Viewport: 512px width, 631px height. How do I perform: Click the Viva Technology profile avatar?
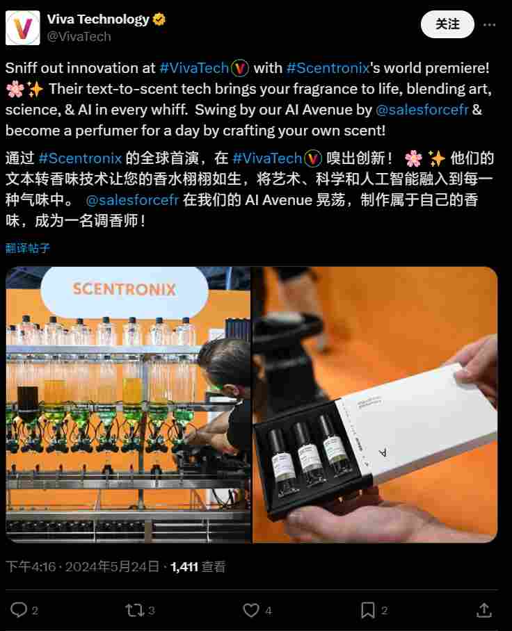(x=23, y=28)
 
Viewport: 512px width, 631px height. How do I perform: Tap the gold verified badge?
(x=159, y=19)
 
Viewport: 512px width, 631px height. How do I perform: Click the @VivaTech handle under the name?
(x=79, y=37)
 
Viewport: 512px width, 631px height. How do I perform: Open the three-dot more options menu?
(x=490, y=24)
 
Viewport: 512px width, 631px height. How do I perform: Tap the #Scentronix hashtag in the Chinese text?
(x=80, y=158)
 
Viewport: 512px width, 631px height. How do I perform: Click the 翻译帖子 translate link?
(x=28, y=247)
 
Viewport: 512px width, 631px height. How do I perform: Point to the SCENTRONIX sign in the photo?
(x=125, y=289)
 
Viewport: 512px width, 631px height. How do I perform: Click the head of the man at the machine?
(x=224, y=365)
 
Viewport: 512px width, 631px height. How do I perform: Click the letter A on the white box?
(x=382, y=452)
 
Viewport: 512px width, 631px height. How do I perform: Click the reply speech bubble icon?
(x=19, y=610)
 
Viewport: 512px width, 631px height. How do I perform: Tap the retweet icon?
(x=134, y=610)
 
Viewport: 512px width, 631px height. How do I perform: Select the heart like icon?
(x=250, y=610)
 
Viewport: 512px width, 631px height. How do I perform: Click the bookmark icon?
(x=367, y=610)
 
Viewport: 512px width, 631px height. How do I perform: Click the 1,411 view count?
(x=184, y=567)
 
